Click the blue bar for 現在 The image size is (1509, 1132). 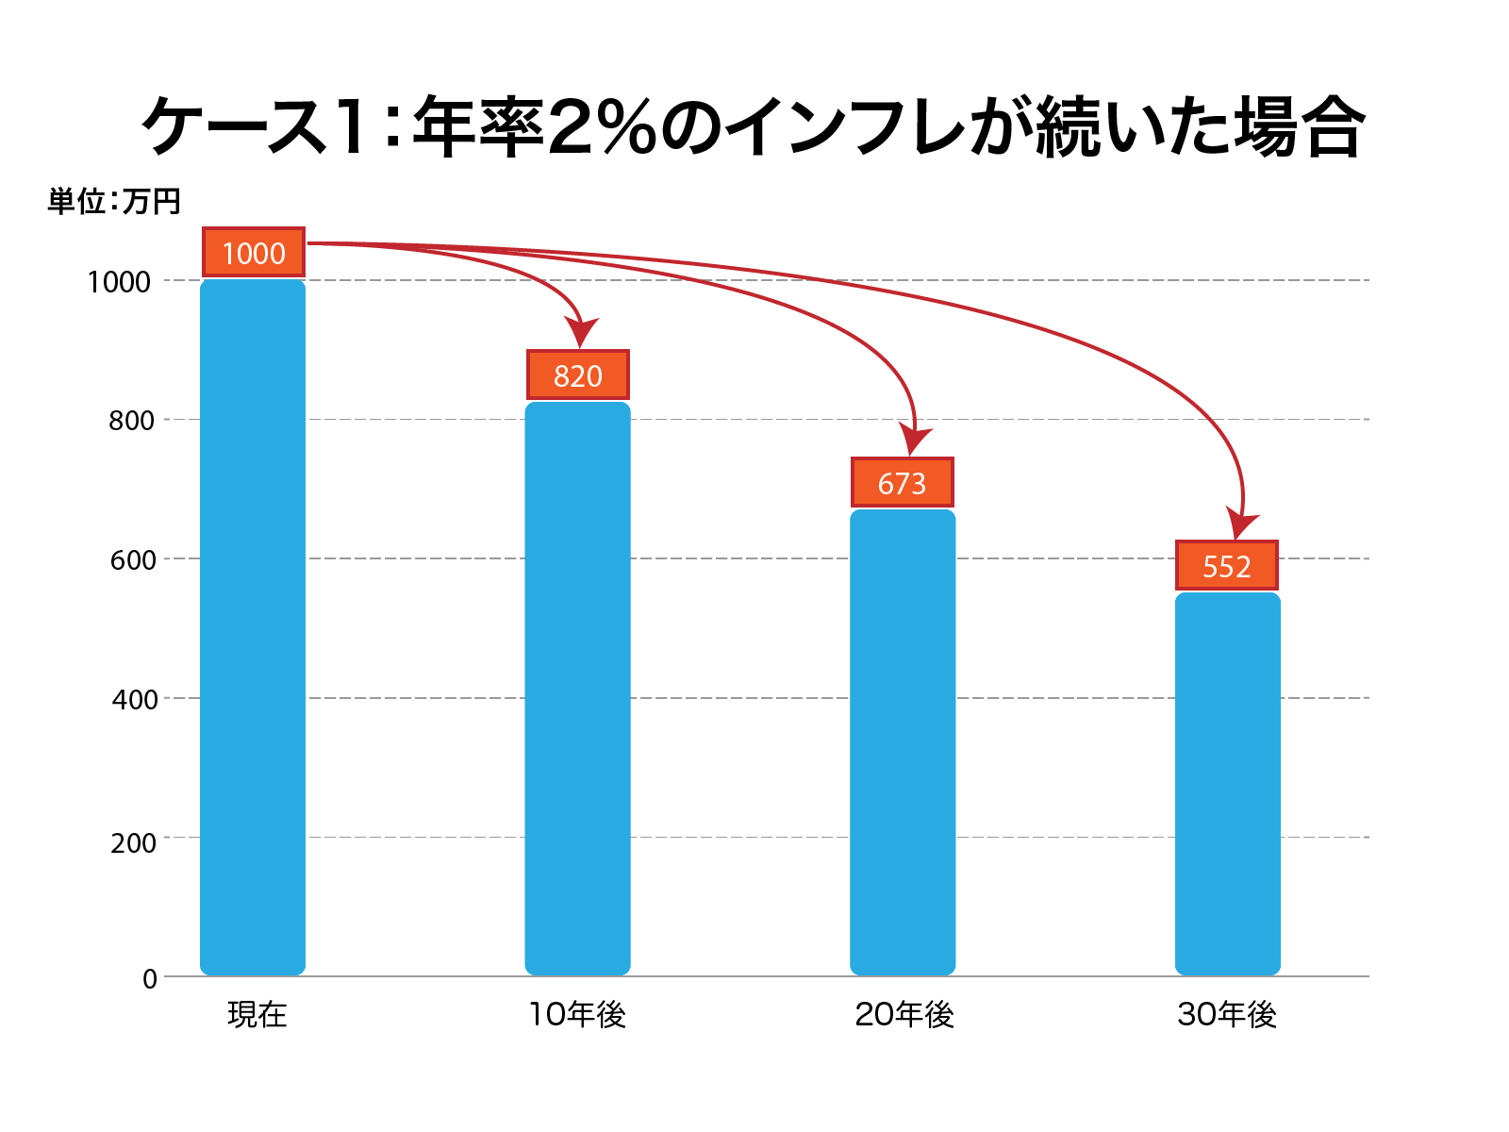point(253,627)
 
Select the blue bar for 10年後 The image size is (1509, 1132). point(577,689)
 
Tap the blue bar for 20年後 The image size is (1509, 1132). point(903,741)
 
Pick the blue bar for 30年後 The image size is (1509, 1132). point(1227,783)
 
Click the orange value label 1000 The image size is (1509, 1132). point(254,253)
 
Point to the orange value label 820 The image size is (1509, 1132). point(577,375)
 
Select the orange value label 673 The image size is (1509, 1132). point(903,483)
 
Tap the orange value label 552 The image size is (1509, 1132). point(1227,566)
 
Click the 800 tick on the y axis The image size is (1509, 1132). point(132,421)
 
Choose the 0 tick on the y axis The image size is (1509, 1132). point(150,979)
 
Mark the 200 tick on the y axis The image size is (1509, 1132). point(132,842)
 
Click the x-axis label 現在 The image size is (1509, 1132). point(257,1015)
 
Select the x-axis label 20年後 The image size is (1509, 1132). point(904,1015)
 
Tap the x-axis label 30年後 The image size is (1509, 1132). point(1227,1015)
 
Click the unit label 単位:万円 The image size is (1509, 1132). point(114,201)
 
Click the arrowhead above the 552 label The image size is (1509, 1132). point(1241,523)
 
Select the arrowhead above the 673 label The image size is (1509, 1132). point(914,440)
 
